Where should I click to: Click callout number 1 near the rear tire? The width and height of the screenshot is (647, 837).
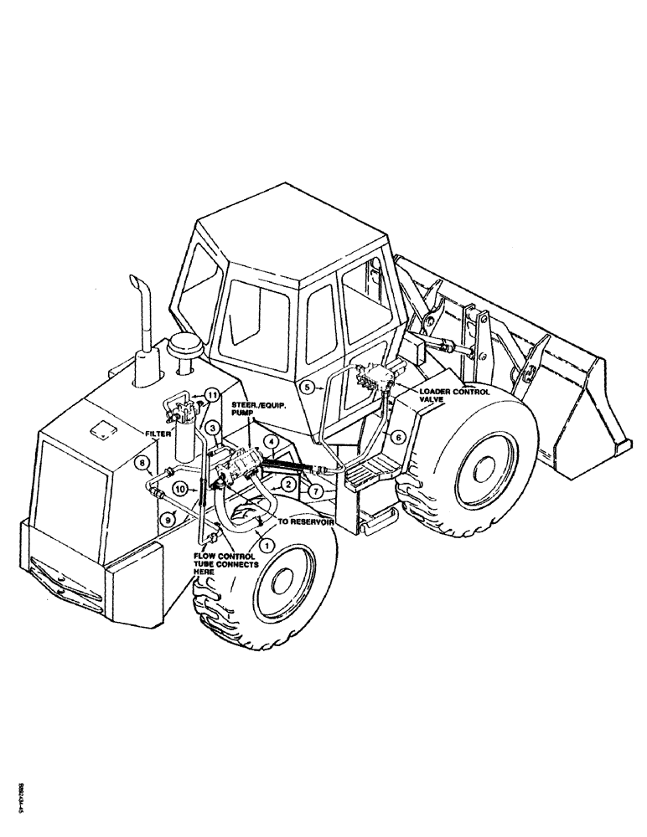tap(267, 545)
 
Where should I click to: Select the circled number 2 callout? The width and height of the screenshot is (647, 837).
tap(287, 483)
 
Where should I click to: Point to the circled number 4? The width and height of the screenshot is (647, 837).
tap(272, 441)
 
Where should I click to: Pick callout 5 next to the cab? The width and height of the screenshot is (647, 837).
tap(308, 387)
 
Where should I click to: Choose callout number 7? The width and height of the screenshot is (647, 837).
tap(314, 488)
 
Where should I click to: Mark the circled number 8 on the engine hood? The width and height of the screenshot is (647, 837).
tap(143, 462)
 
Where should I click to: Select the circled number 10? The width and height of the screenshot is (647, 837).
tap(181, 488)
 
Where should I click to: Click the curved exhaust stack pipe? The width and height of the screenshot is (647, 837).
tap(139, 318)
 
